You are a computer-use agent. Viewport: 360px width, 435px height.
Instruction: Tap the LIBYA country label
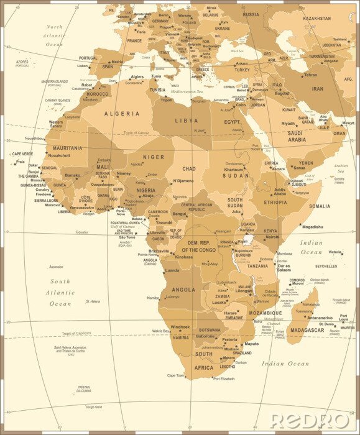coord(187,120)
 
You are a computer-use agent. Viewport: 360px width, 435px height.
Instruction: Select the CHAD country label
coord(188,168)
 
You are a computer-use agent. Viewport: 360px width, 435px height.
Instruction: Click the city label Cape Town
coord(176,375)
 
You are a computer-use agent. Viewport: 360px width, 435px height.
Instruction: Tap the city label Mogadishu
coord(312,227)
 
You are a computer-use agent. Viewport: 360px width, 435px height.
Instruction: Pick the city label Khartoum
coord(234,170)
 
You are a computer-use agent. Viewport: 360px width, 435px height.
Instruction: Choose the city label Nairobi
coord(272,237)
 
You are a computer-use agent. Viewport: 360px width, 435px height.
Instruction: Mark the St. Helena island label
coord(93,301)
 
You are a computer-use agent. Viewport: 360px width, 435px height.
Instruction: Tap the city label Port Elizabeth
coord(224,378)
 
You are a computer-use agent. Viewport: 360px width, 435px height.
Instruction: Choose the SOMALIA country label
coord(320,206)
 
